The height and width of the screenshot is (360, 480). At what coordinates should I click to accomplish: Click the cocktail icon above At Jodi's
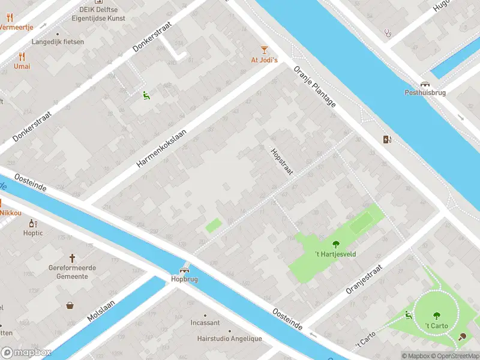[x=263, y=49]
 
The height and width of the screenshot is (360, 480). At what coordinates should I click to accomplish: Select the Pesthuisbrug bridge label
[x=425, y=93]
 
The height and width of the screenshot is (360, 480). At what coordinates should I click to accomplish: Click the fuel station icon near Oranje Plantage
[x=388, y=139]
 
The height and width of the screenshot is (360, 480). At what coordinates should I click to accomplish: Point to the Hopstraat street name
[x=281, y=161]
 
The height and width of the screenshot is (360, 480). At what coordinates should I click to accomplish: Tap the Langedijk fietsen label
[x=58, y=42]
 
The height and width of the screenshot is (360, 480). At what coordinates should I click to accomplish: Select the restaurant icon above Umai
[x=22, y=56]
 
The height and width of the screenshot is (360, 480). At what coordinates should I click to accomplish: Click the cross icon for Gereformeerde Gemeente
[x=72, y=258]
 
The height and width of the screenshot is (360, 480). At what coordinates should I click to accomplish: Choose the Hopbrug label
[x=184, y=279]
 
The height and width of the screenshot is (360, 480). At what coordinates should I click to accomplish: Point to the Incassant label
[x=205, y=323]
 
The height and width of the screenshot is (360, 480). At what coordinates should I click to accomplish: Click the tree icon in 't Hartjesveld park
[x=335, y=244]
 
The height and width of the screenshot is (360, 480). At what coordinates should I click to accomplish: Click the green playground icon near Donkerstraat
[x=145, y=95]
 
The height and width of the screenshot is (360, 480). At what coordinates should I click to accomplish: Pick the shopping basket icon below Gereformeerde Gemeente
[x=71, y=305]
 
